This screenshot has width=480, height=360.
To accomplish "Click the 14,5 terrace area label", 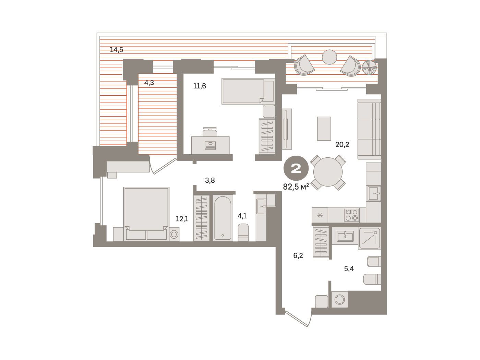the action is coord(116,50).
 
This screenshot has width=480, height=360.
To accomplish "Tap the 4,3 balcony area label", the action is coord(149,83).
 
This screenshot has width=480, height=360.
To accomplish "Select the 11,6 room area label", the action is coord(200,86).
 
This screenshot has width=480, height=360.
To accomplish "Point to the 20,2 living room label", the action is coord(342,144).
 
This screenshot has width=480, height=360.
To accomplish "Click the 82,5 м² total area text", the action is coord(296,187).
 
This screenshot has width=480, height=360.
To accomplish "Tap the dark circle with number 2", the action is coord(296,168).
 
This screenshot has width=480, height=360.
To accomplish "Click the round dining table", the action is coord(328,172).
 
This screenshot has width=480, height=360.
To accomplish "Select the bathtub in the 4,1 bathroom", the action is coord(223,218).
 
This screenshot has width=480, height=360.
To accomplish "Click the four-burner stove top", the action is coord(352,215).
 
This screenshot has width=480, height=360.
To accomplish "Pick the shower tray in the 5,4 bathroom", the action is coord(369,238).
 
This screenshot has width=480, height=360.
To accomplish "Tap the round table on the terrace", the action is coord(329,57).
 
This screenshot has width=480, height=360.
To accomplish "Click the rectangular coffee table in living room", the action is coord(324,129).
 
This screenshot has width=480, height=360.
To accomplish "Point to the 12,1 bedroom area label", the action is coord(182,219).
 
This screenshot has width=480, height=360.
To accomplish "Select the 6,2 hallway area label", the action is coord(298,255).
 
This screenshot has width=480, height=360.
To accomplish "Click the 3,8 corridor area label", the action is coord(210,180).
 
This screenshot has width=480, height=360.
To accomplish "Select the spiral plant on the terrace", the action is coord(370,67).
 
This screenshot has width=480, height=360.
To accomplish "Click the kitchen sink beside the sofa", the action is coord(374,193).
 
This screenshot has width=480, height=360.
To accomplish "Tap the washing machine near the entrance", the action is coord(340,299).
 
